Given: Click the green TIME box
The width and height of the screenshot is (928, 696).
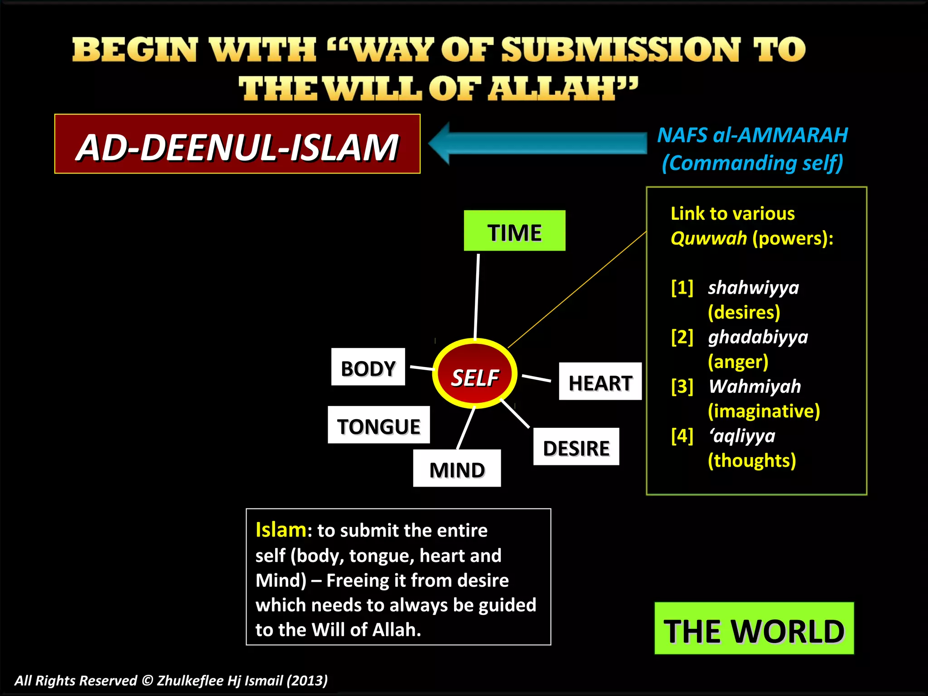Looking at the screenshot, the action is [x=514, y=231].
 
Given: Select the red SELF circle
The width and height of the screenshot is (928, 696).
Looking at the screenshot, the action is [x=474, y=374].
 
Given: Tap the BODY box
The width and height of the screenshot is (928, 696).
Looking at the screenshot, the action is [x=368, y=367].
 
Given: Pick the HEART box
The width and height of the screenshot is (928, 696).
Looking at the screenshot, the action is [x=600, y=382].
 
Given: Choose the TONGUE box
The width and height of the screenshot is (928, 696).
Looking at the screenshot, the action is [x=379, y=425].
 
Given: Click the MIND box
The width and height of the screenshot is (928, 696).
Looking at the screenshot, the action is [x=457, y=469].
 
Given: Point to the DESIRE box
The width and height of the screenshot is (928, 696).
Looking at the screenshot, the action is [x=576, y=447].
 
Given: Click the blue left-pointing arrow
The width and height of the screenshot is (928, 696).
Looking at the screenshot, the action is [x=537, y=143].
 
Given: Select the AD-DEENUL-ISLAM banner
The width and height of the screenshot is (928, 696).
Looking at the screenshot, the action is [x=237, y=144].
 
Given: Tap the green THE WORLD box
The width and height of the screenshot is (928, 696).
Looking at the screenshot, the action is [x=754, y=628].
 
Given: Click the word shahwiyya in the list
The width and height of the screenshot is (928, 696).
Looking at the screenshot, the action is [x=753, y=287].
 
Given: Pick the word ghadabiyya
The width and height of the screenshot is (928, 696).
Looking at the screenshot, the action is [x=758, y=337].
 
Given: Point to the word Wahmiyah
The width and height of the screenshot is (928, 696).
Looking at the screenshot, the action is [x=754, y=386].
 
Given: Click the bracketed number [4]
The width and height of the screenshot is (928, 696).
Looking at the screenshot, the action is [x=682, y=435].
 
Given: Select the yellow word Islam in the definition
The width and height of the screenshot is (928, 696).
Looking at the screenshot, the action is [x=280, y=530].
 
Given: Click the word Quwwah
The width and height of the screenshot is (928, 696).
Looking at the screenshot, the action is [x=708, y=238].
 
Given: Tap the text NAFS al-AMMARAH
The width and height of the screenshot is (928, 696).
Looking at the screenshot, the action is [x=752, y=135].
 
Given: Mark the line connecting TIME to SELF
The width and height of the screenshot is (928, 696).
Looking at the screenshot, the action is [x=477, y=297].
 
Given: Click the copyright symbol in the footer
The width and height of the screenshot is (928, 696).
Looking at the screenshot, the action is [x=147, y=681].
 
